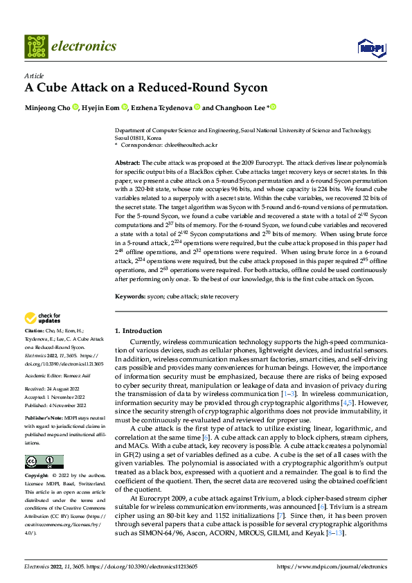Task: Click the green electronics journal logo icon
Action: pos(36,46)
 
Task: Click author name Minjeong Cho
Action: pos(48,107)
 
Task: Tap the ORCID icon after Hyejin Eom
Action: pos(125,107)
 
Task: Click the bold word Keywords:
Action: pos(130,297)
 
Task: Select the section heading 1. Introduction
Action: pos(138,331)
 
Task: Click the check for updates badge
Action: pos(43,319)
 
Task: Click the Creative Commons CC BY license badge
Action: pos(44,462)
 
